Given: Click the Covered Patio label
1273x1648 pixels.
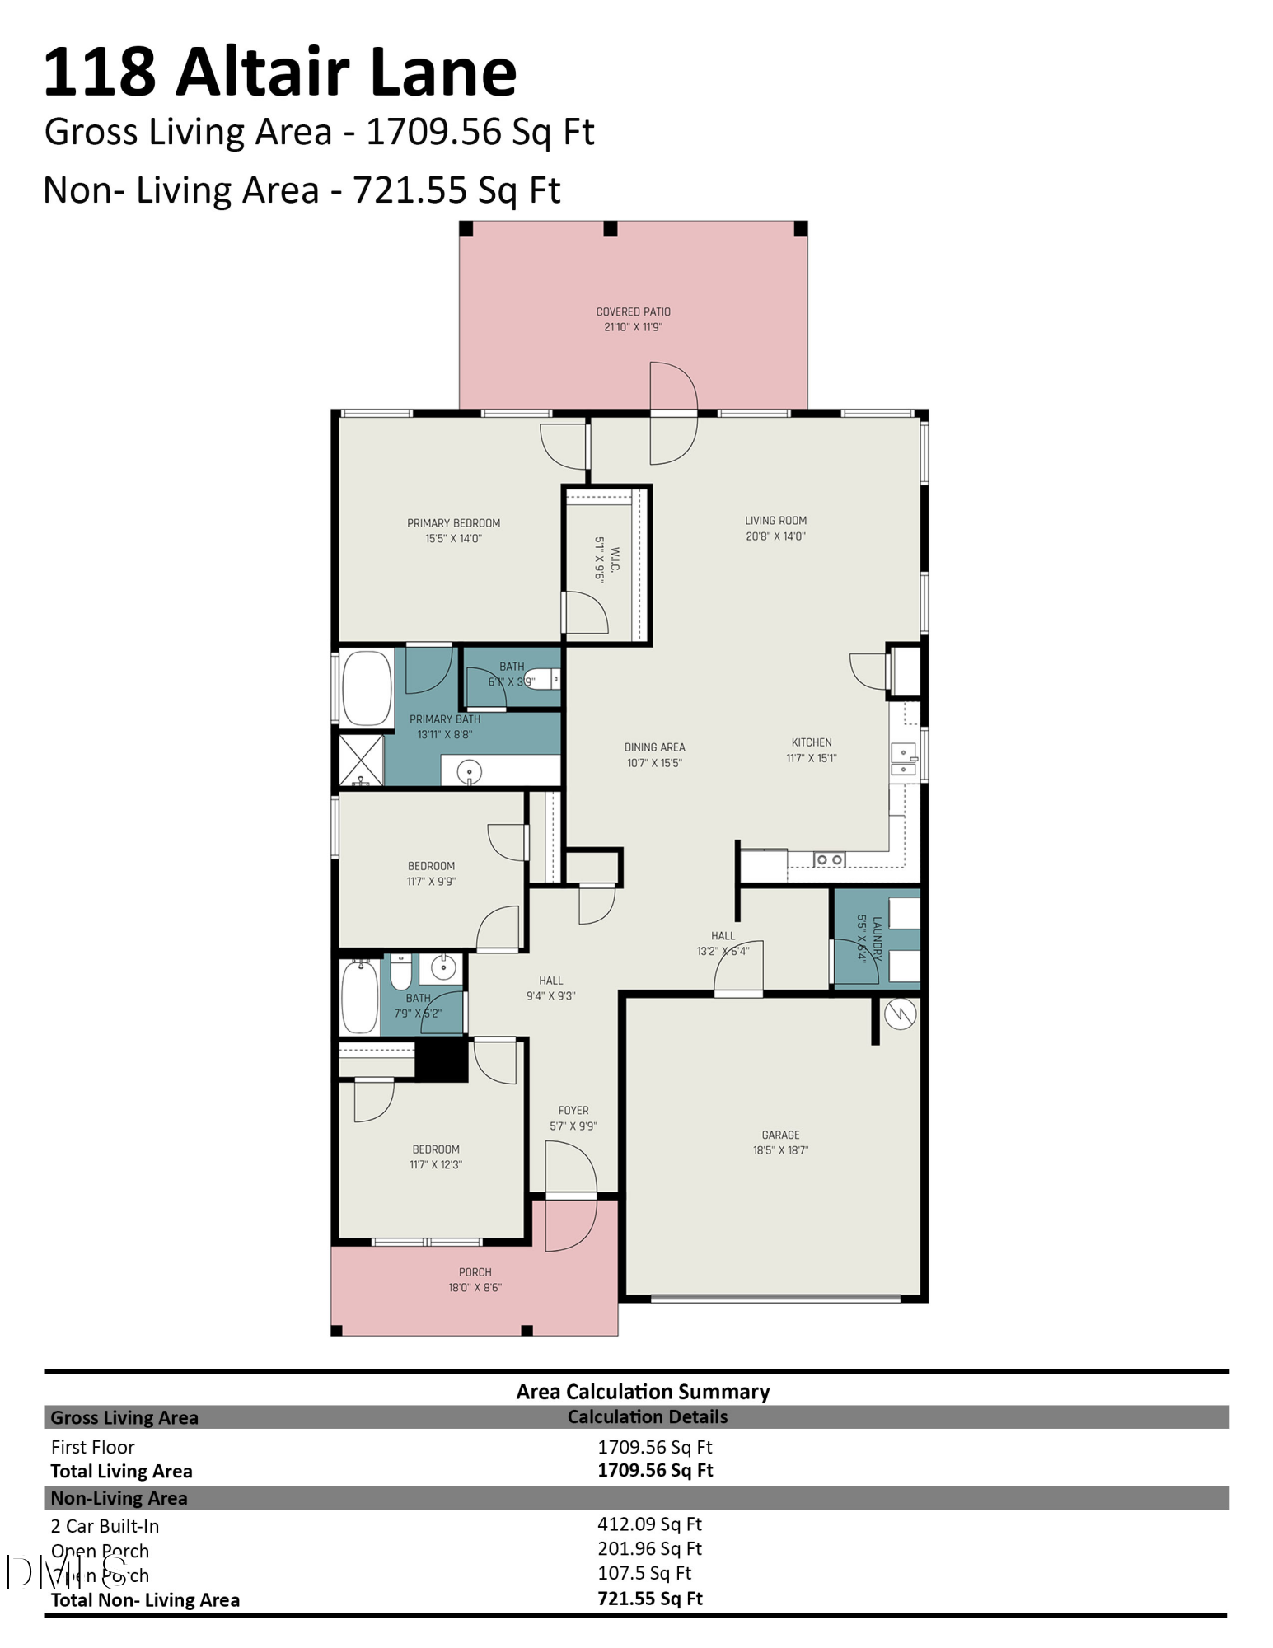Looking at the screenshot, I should click(633, 311).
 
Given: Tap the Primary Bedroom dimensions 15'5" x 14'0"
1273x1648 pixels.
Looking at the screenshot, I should click(453, 539).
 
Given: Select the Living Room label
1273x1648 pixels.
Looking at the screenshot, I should click(775, 520).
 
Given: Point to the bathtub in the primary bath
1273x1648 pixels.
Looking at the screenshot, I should click(367, 688).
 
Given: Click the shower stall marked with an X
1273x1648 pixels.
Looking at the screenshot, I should click(362, 760).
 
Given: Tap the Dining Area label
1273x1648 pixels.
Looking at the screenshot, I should click(654, 747).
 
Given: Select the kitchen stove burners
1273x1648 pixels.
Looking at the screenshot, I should click(828, 860).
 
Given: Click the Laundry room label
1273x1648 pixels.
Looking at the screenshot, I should click(877, 939).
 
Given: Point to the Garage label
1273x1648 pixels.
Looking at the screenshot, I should click(780, 1135).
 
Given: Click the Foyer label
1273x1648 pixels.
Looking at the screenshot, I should click(573, 1110).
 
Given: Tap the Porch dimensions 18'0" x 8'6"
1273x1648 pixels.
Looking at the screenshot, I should click(475, 1287).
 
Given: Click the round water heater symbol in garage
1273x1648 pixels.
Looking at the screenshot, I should click(900, 1014).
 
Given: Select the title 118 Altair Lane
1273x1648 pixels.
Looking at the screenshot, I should click(280, 73).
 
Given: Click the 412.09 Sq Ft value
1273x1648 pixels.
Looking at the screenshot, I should click(649, 1524).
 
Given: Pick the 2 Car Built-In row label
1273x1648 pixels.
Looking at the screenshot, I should click(105, 1526).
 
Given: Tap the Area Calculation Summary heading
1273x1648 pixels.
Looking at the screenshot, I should click(643, 1392).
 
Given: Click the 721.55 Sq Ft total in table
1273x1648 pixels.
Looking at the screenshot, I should click(649, 1599).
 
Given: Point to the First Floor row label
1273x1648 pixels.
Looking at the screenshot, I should click(92, 1447).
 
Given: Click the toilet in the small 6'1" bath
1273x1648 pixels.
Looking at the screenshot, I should click(543, 679).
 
